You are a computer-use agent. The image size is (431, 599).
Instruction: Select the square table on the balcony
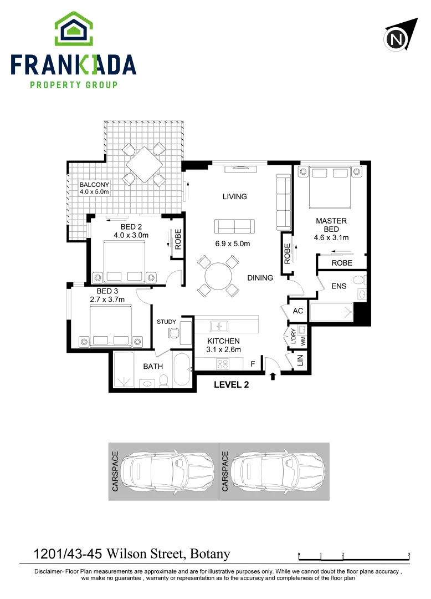[x=143, y=164]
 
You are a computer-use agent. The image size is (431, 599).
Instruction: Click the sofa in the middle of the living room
[x=234, y=225]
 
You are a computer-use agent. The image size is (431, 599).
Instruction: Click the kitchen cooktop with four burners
[x=223, y=364]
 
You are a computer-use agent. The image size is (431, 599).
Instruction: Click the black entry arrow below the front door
[x=273, y=377]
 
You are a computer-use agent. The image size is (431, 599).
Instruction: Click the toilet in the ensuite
[x=358, y=279]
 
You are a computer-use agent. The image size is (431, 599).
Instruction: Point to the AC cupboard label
[x=298, y=311]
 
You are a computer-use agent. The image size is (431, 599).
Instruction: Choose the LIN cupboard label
[x=301, y=361]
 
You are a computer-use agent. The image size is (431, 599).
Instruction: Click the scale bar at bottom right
[x=353, y=557]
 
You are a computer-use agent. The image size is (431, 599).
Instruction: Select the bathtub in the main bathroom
[x=182, y=370]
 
